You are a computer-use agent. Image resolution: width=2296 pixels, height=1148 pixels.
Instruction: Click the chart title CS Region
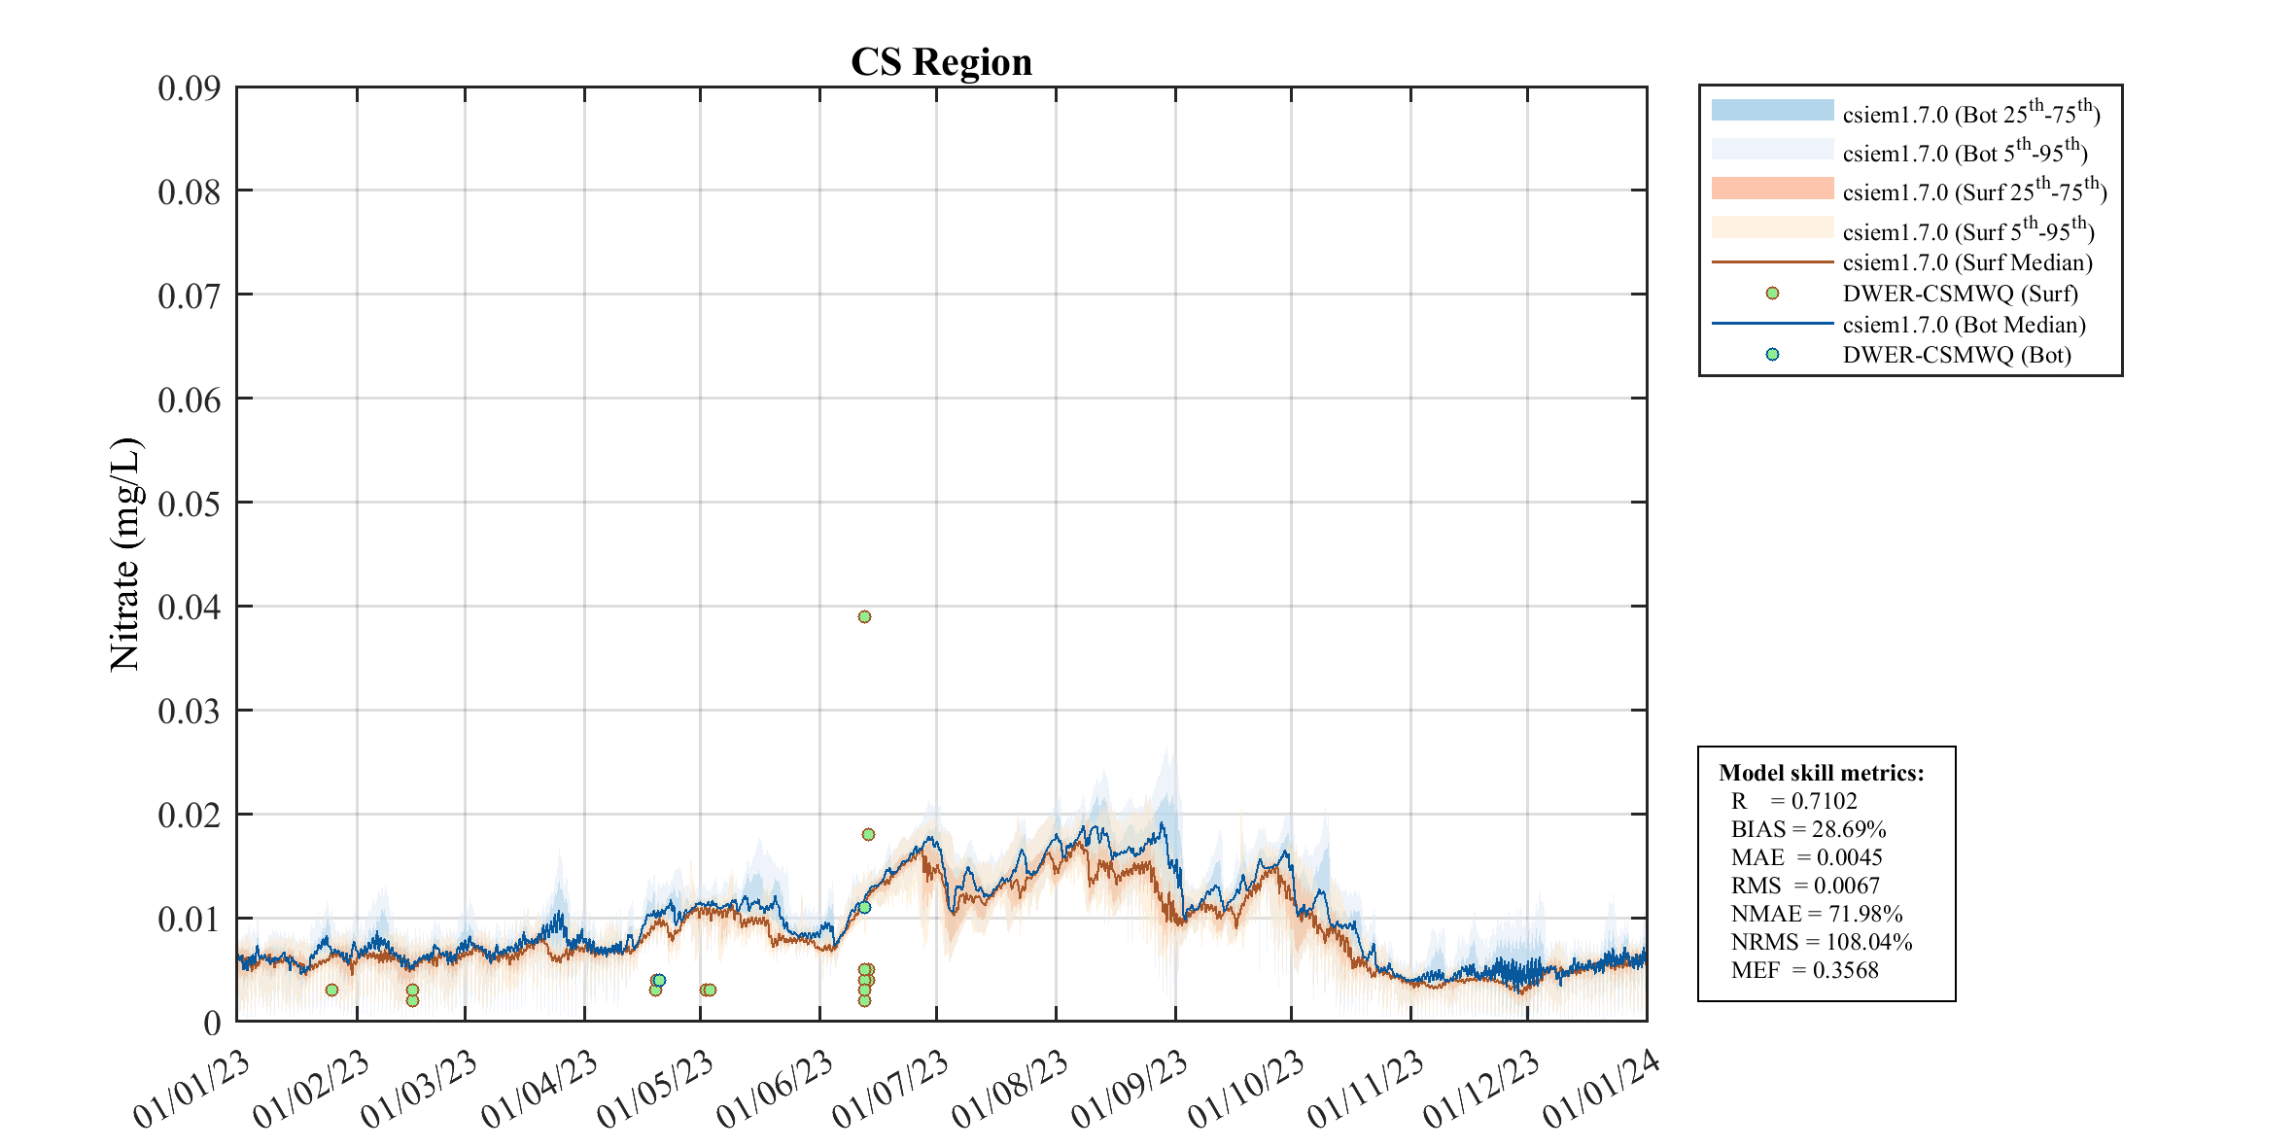[941, 62]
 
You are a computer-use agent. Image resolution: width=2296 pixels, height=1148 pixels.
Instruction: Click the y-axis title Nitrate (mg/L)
[125, 554]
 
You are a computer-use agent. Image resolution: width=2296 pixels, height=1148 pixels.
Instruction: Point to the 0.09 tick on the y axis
[190, 88]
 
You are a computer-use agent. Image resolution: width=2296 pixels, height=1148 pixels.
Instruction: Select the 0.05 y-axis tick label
[190, 504]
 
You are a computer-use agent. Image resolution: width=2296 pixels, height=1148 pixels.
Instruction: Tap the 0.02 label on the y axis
[190, 815]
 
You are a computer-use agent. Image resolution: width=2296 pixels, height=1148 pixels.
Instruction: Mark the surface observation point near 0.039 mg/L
[864, 616]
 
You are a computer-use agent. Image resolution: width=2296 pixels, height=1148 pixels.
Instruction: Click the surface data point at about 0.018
[868, 834]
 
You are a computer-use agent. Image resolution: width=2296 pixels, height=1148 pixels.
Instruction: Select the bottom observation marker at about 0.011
[864, 907]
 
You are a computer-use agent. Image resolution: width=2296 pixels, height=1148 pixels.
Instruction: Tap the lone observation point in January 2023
[331, 990]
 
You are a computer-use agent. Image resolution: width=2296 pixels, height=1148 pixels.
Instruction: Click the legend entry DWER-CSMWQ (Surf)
[1960, 294]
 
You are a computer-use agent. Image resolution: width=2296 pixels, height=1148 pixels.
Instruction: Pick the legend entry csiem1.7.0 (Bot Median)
[1964, 325]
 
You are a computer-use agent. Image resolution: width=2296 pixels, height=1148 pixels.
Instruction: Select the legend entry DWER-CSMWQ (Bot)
[1956, 355]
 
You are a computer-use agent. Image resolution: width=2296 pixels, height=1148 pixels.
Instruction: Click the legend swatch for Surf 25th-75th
[1772, 189]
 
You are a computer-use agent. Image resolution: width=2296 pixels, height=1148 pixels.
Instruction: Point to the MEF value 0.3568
[1846, 970]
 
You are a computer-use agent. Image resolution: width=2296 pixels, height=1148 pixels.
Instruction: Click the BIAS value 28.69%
[1848, 829]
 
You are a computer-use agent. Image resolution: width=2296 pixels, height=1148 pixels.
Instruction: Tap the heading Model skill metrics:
[1821, 773]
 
